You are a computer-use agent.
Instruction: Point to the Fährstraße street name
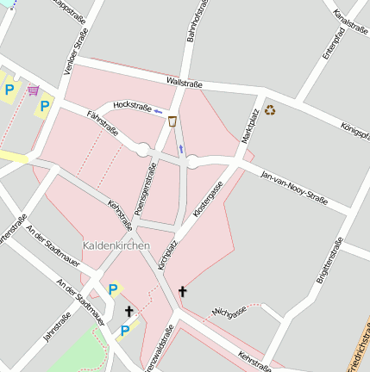click(x=103, y=124)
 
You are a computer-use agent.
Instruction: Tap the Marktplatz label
click(x=251, y=125)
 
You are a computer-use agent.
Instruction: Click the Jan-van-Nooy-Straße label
click(x=294, y=187)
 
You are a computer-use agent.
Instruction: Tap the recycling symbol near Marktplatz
click(x=270, y=109)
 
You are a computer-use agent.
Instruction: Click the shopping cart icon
click(x=33, y=90)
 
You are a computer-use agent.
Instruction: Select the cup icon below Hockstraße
click(x=173, y=121)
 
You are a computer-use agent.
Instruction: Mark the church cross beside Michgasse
click(x=182, y=292)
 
